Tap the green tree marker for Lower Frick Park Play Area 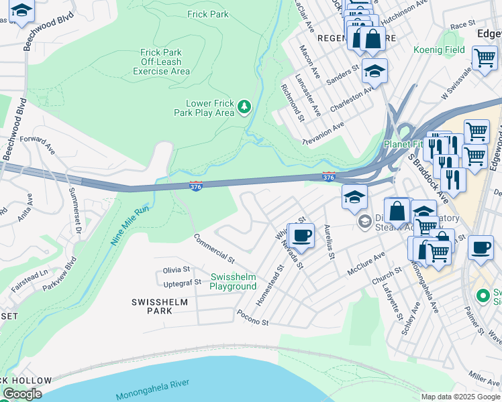(x=245, y=107)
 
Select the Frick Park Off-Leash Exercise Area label (x=161, y=62)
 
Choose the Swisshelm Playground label (x=233, y=281)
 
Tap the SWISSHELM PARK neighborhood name (x=160, y=306)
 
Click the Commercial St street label (x=213, y=248)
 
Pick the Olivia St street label (x=177, y=270)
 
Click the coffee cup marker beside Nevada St (x=301, y=236)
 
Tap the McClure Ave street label (x=366, y=263)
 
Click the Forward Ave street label (x=37, y=143)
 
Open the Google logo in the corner (x=22, y=394)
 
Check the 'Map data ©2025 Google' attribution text (x=460, y=397)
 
